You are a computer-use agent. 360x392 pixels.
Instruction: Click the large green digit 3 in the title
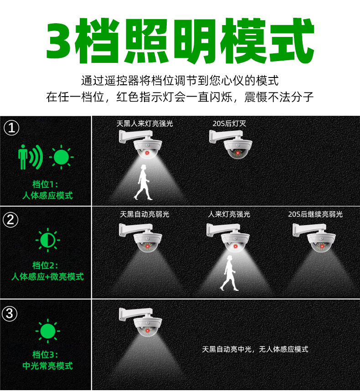click(59, 41)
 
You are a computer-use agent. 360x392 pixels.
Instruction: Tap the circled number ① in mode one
click(11, 128)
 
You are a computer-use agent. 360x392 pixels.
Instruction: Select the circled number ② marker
click(10, 220)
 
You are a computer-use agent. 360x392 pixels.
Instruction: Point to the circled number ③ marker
click(10, 314)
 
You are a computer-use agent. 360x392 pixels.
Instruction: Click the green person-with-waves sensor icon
click(30, 157)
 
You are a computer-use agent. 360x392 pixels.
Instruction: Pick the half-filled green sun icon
click(48, 240)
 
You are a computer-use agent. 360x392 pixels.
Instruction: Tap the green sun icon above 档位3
click(48, 331)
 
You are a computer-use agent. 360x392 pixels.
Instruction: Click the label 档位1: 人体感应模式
click(47, 190)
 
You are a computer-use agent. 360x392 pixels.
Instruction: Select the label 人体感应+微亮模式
click(47, 277)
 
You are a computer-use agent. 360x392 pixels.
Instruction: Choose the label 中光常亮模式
click(47, 366)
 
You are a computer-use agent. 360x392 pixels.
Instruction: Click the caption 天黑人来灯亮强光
click(145, 124)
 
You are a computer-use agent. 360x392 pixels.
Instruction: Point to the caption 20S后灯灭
click(229, 124)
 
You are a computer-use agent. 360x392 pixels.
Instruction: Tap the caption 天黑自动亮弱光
click(144, 214)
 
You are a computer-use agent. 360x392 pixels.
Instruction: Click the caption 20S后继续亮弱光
click(315, 214)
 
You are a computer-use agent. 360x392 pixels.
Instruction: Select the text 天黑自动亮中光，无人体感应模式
click(255, 349)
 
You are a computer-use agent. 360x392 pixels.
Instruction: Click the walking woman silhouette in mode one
click(143, 182)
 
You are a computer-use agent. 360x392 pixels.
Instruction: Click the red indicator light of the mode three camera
click(148, 331)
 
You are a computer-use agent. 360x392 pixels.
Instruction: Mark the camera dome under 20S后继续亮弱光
click(322, 243)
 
